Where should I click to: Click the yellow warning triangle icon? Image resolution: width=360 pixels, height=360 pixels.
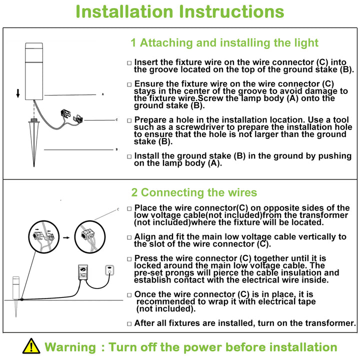pyautogui.click(x=31, y=346)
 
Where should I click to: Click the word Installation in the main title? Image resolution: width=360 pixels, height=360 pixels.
pyautogui.click(x=124, y=11)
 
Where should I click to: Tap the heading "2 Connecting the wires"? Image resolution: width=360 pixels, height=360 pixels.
pyautogui.click(x=194, y=192)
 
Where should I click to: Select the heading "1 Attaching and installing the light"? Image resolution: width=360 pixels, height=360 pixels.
pyautogui.click(x=224, y=43)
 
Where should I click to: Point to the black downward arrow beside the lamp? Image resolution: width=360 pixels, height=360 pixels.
pyautogui.click(x=18, y=93)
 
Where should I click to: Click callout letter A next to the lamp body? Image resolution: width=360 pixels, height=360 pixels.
pyautogui.click(x=103, y=94)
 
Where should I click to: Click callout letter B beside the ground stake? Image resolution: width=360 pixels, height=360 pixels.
pyautogui.click(x=116, y=149)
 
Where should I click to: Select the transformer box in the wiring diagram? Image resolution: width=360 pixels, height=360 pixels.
pyautogui.click(x=83, y=272)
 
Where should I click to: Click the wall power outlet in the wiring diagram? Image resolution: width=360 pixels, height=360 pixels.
pyautogui.click(x=109, y=270)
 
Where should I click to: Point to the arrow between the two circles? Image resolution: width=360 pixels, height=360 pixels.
pyautogui.click(x=66, y=237)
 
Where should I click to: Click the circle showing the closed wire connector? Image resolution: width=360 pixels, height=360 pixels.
pyautogui.click(x=90, y=237)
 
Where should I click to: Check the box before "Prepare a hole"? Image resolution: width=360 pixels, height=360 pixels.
pyautogui.click(x=129, y=120)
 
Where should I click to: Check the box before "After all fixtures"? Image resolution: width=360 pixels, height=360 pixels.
pyautogui.click(x=129, y=323)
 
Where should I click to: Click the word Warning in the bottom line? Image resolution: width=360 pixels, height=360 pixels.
pyautogui.click(x=70, y=347)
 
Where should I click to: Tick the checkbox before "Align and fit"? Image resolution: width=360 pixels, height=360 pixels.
pyautogui.click(x=129, y=237)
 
